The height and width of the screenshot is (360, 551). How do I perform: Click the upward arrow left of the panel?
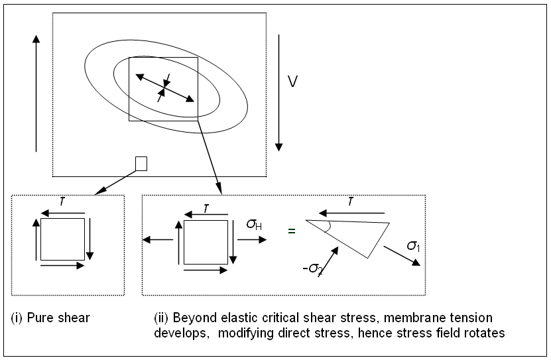(x=36, y=93)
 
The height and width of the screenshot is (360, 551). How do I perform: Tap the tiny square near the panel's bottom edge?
(x=141, y=163)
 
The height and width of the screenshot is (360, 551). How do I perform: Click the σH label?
(x=254, y=225)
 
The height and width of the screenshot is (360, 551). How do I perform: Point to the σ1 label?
(x=412, y=246)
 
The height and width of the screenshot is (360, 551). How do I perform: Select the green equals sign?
(x=290, y=231)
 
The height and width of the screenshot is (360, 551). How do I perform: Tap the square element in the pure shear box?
(x=62, y=239)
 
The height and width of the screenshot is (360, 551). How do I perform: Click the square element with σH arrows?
(x=206, y=242)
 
